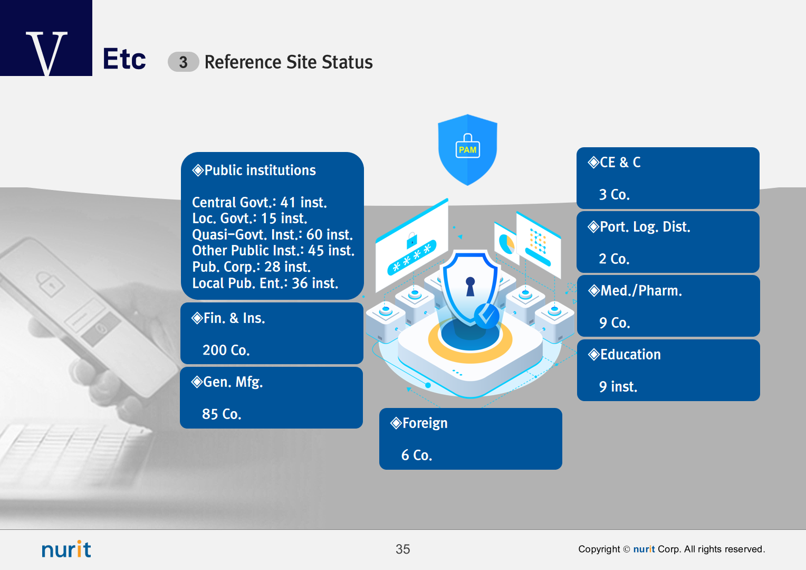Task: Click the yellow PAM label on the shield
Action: [x=467, y=150]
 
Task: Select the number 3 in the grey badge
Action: [x=183, y=62]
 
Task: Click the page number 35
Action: [x=402, y=549]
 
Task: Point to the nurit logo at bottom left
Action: [x=66, y=549]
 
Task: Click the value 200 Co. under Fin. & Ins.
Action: [x=226, y=350]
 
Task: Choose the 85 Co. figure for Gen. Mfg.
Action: [x=222, y=414]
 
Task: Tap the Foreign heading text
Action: [x=425, y=423]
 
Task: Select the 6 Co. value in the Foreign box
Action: [x=416, y=455]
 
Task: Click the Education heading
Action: [x=630, y=355]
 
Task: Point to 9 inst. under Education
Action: [x=618, y=387]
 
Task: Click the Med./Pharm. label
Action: [x=641, y=291]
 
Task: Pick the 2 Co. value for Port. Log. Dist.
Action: [x=614, y=259]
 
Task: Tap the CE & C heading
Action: [x=620, y=163]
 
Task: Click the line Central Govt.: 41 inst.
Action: [x=259, y=202]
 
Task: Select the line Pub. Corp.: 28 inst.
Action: [x=251, y=267]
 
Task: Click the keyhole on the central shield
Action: [x=470, y=286]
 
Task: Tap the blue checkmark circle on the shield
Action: [x=486, y=316]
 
